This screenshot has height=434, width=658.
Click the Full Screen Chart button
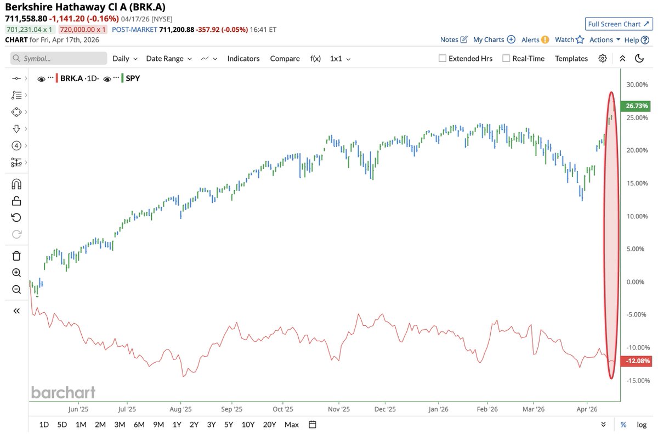[x=617, y=24]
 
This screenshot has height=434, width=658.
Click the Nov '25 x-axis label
[x=339, y=409]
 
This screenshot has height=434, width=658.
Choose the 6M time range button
[x=139, y=424]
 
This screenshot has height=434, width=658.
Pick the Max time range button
[x=292, y=424]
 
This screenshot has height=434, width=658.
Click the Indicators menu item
[x=243, y=59]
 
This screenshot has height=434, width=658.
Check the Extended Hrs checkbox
[x=443, y=59]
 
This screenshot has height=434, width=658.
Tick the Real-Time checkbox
[x=506, y=59]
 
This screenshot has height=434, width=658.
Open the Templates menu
[x=571, y=59]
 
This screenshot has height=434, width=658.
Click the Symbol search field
[x=59, y=59]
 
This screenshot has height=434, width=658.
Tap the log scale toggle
[x=642, y=424]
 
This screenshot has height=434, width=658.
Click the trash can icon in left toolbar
[x=16, y=256]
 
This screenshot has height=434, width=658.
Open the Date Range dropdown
[x=169, y=59]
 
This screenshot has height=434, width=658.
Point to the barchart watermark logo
[x=63, y=392]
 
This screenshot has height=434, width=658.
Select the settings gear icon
[x=603, y=59]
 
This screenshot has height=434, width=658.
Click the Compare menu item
[x=285, y=59]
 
